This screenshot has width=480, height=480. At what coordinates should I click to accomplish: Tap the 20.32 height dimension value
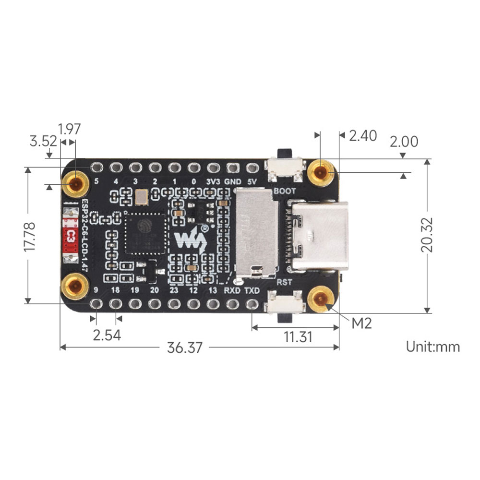click(426, 235)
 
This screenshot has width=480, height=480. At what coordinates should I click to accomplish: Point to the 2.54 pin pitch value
click(107, 335)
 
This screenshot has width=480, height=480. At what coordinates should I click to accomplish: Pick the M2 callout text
click(361, 323)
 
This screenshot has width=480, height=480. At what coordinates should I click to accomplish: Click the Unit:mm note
click(432, 347)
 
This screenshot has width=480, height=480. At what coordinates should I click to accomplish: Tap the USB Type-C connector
click(319, 236)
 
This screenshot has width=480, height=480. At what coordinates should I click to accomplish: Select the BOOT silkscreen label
click(284, 191)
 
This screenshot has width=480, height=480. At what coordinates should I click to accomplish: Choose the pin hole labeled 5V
click(252, 168)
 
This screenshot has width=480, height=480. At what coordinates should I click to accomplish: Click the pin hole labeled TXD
click(252, 303)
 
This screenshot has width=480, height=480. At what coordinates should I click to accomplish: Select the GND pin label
click(233, 182)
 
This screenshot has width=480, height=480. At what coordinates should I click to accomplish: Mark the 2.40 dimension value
click(363, 136)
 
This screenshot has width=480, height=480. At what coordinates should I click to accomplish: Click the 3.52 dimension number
click(43, 141)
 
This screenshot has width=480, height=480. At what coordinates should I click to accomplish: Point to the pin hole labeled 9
click(96, 303)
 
